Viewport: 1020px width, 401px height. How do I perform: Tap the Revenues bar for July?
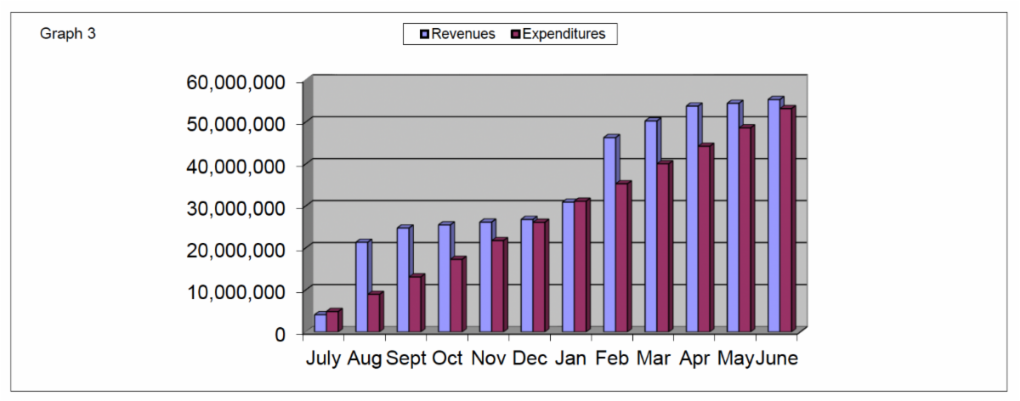(320, 323)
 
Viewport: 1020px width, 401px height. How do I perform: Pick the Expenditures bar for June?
(786, 220)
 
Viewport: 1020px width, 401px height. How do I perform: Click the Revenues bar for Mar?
(650, 226)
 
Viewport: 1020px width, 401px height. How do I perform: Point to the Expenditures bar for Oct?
(456, 295)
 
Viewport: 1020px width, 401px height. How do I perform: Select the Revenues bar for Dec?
(527, 276)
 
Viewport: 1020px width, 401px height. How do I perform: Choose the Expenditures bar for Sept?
(416, 304)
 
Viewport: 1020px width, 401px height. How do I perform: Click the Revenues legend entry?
(456, 34)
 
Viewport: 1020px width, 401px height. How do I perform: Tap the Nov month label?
(489, 359)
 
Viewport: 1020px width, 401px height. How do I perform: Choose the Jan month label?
(570, 359)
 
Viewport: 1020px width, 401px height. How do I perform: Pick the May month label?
(735, 359)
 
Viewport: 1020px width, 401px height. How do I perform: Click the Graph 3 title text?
(68, 34)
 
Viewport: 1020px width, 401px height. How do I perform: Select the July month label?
(324, 359)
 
